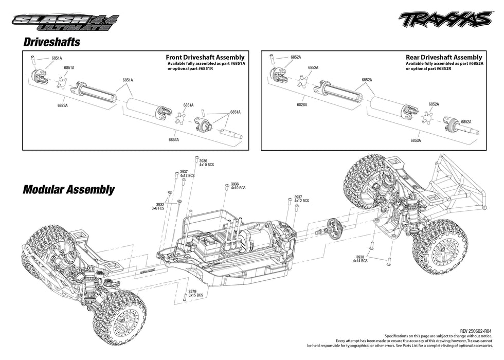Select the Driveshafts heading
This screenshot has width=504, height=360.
[x=52, y=42]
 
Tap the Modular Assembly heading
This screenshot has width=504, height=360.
[x=68, y=189]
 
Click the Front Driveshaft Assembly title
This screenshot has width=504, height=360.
[x=205, y=58]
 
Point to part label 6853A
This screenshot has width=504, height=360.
[x=416, y=140]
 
